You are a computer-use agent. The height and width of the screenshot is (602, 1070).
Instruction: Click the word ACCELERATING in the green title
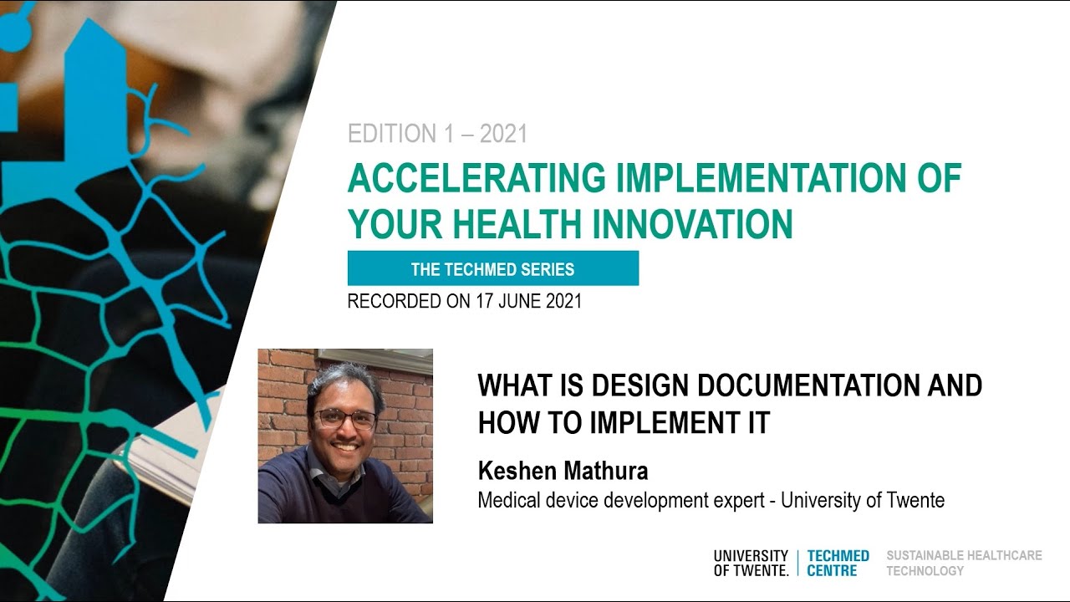pyautogui.click(x=476, y=178)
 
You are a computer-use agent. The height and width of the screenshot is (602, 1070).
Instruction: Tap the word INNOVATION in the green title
pyautogui.click(x=692, y=223)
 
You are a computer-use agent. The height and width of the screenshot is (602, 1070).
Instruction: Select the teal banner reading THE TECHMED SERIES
pyautogui.click(x=493, y=268)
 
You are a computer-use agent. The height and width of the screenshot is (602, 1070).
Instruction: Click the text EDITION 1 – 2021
pyautogui.click(x=437, y=133)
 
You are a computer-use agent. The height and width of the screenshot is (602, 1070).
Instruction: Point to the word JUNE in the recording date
pyautogui.click(x=520, y=301)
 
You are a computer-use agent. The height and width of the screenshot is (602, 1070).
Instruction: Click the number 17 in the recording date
pyautogui.click(x=484, y=301)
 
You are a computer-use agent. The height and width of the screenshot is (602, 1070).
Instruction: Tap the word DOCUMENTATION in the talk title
pyautogui.click(x=808, y=385)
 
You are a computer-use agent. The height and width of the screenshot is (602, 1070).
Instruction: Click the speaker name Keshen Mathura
pyautogui.click(x=563, y=471)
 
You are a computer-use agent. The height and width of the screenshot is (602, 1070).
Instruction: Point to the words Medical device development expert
pyautogui.click(x=621, y=500)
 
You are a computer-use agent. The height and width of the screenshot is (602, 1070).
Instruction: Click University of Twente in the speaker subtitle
pyautogui.click(x=863, y=500)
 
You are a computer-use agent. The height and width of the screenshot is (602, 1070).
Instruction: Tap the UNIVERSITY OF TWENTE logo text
pyautogui.click(x=751, y=563)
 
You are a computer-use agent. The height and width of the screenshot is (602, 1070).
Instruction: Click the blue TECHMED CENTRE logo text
pyautogui.click(x=838, y=563)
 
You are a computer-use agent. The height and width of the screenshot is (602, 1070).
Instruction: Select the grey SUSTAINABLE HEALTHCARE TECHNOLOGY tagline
pyautogui.click(x=964, y=563)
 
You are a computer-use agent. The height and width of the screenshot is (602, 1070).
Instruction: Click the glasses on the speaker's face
pyautogui.click(x=346, y=420)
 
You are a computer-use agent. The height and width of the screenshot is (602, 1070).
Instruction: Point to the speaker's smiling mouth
pyautogui.click(x=346, y=447)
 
